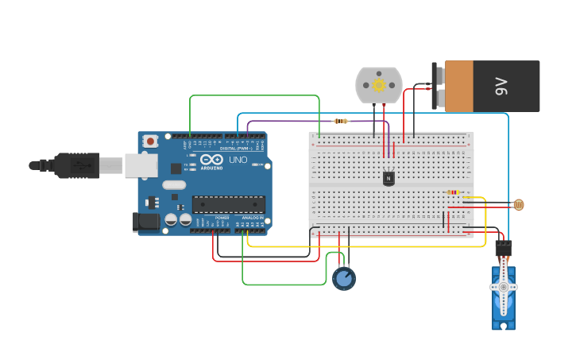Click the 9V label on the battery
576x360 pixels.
coord(501,86)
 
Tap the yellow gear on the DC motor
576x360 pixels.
coord(379,85)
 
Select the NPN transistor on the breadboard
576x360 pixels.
coord(389,178)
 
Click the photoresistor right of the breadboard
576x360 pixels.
coord(519,205)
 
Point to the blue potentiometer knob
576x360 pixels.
coord(343,278)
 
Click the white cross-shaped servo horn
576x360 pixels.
coord(503,287)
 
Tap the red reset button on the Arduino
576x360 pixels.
coord(150,141)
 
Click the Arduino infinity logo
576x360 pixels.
coord(211,160)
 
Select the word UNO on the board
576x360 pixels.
coord(238,160)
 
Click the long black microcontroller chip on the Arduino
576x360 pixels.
coord(228,204)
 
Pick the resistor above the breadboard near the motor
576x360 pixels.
coord(341,121)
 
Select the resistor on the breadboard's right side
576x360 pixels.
coord(453,192)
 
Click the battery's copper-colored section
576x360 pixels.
coord(458,86)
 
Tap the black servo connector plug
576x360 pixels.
coord(503,248)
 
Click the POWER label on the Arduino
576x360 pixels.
coord(222,217)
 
